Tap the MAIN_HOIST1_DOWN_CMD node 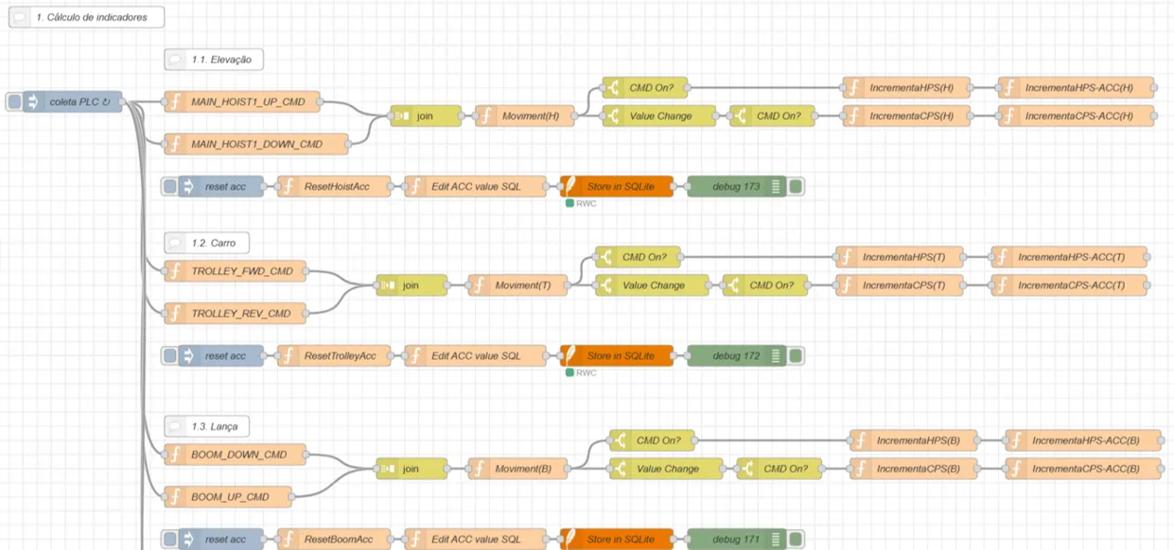(x=255, y=145)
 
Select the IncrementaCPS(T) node (x=899, y=284)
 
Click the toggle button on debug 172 (x=796, y=356)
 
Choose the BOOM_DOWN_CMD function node (x=237, y=455)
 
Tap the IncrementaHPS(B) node (x=913, y=440)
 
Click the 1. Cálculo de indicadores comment (x=86, y=17)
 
